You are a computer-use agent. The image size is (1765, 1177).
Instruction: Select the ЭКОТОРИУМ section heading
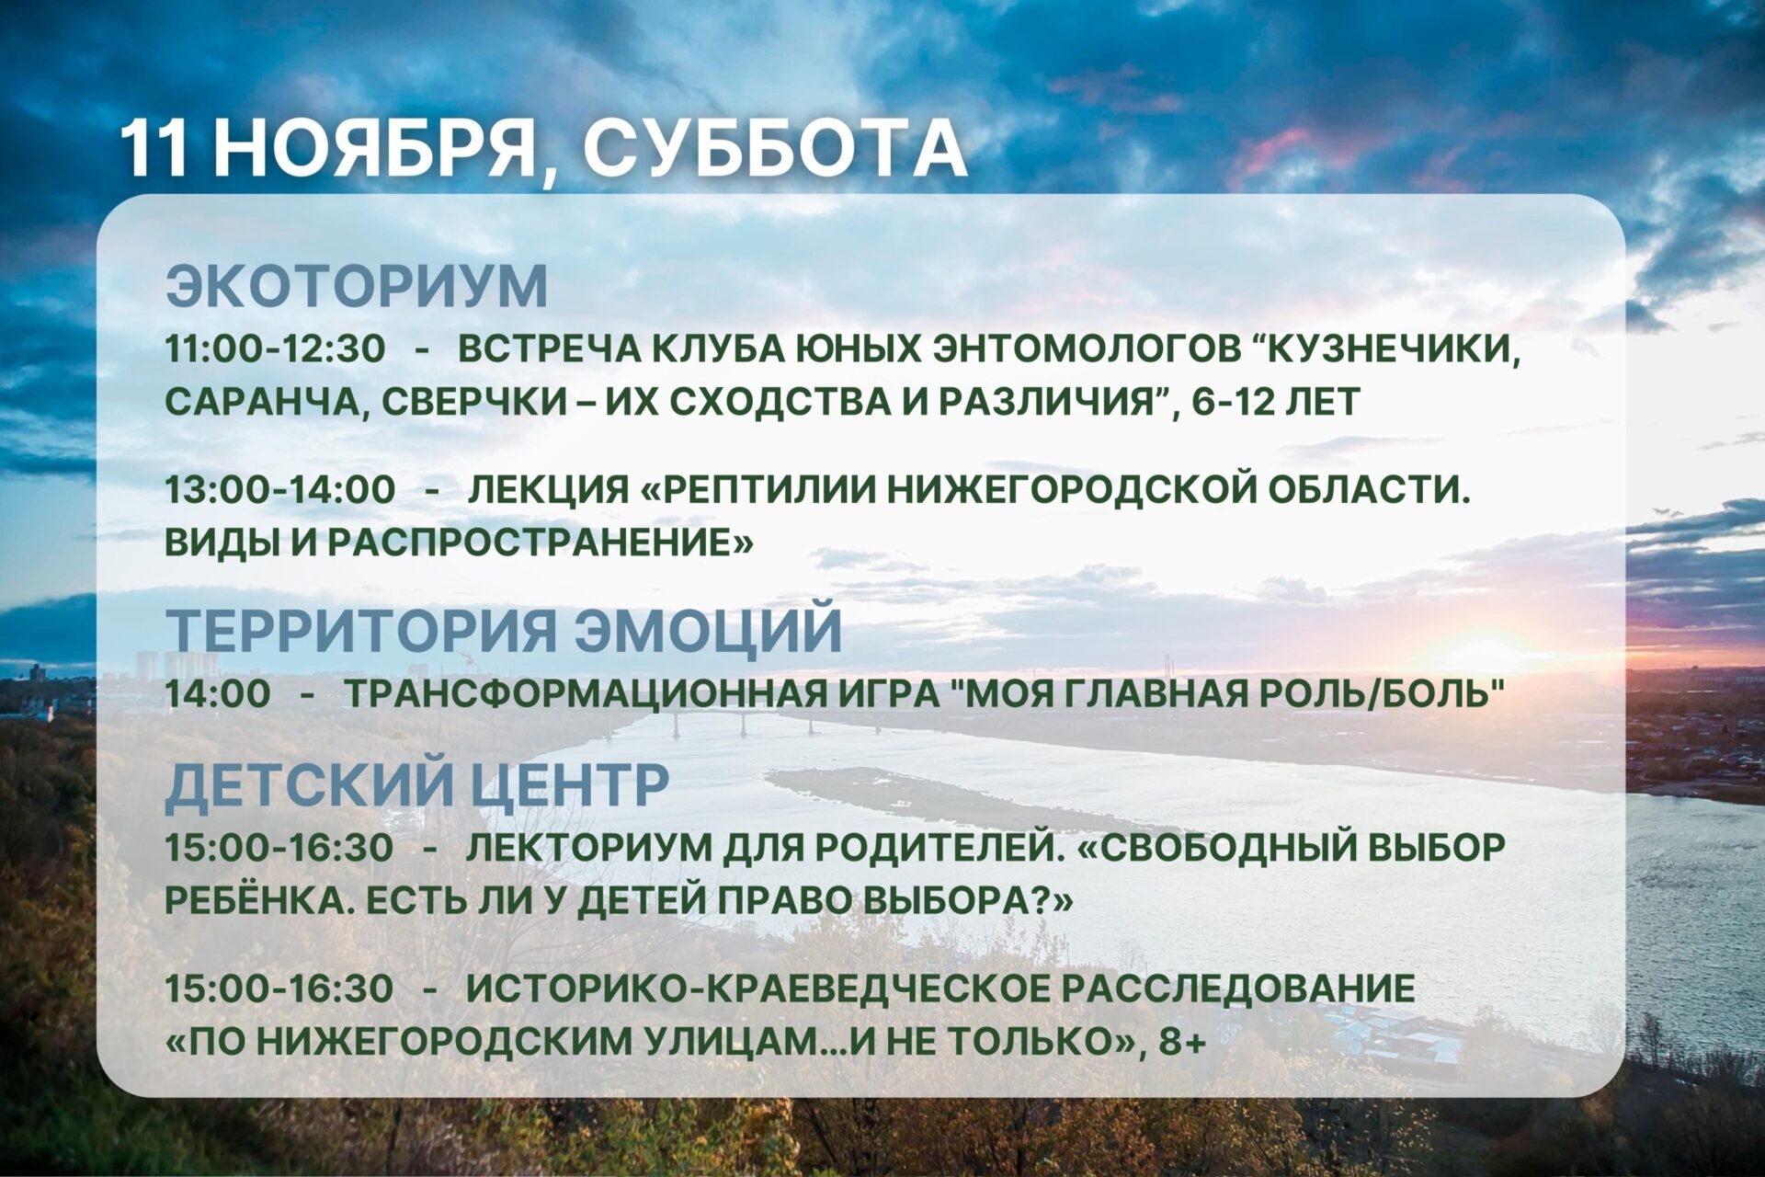(357, 286)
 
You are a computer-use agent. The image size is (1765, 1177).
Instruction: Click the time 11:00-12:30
(276, 349)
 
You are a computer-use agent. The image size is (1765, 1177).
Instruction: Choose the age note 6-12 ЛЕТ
(1276, 402)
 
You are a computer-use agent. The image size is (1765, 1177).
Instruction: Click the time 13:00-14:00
(280, 489)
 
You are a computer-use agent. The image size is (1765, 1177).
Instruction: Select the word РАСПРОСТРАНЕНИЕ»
(541, 543)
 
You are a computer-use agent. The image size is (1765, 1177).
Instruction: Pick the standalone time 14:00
(218, 693)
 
